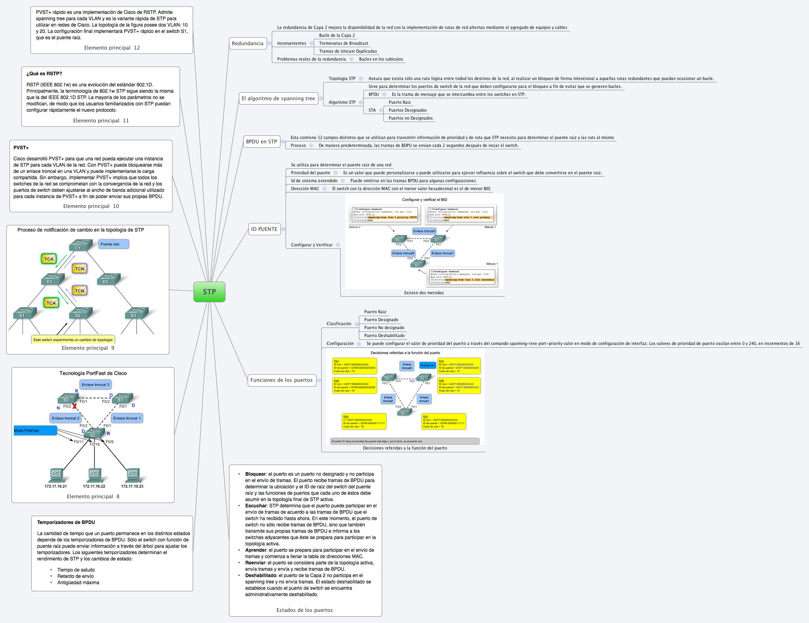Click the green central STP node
coord(209,292)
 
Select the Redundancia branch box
coord(247,43)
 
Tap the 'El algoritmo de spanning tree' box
coord(278,98)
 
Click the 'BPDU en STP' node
coord(261,141)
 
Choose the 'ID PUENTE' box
coord(264,229)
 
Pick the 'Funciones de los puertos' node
coord(281,380)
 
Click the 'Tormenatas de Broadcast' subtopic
coord(343,43)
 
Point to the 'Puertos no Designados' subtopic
coord(410,118)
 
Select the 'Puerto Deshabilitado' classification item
coord(384,335)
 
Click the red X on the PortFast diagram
coord(74,406)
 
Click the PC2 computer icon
coord(94,474)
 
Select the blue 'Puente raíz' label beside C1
coord(114,244)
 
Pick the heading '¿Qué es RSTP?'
coord(44,73)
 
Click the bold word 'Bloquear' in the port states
coord(255,474)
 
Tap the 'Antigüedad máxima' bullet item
coord(78,583)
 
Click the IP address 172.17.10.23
coord(132,486)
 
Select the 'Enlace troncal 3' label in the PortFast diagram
coord(95,385)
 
